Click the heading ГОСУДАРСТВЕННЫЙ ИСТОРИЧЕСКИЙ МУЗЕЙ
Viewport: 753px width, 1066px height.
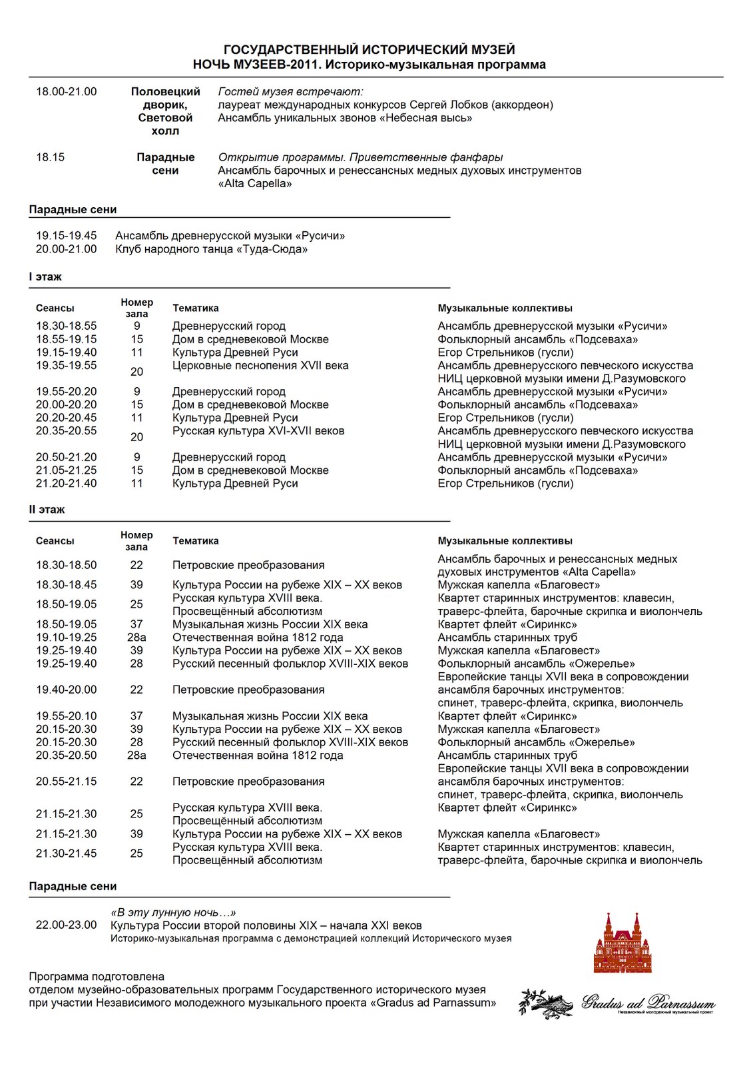click(369, 50)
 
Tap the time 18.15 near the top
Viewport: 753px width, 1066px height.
click(51, 157)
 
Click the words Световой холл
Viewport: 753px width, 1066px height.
click(165, 125)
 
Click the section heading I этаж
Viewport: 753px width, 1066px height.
click(45, 276)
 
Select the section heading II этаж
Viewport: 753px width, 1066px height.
click(47, 510)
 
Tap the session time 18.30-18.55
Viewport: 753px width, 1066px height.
click(66, 326)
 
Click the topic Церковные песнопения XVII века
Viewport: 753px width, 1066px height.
click(260, 365)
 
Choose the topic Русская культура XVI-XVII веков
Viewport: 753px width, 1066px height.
click(258, 430)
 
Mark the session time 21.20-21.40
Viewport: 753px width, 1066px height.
click(66, 483)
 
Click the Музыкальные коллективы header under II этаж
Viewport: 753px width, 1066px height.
click(505, 541)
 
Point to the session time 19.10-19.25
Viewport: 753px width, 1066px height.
click(66, 637)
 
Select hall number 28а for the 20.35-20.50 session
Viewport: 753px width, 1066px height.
click(136, 755)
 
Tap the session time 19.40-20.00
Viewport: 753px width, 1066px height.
click(66, 690)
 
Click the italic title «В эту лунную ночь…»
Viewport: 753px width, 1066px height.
click(173, 913)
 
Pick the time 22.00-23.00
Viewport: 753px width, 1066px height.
click(66, 925)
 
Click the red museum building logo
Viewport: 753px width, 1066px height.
click(623, 943)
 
